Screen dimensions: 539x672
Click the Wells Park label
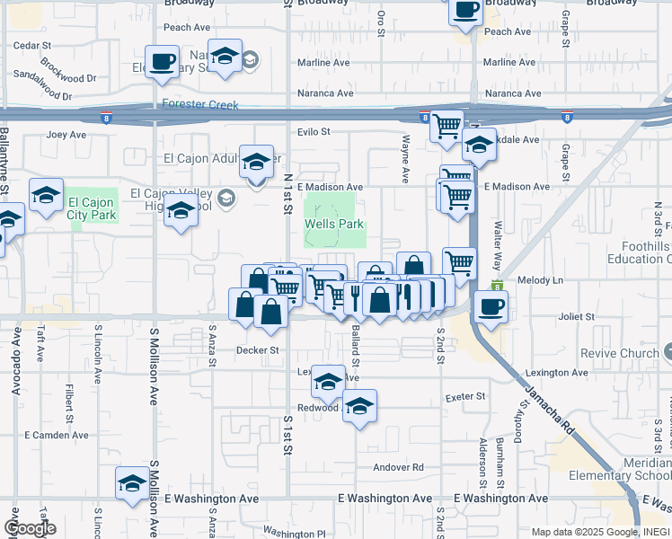(335, 224)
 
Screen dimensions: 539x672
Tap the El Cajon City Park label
(93, 208)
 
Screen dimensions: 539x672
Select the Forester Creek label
(200, 105)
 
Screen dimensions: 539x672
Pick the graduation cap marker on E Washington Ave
(132, 483)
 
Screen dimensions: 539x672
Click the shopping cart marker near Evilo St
(447, 126)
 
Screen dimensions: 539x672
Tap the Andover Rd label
(398, 467)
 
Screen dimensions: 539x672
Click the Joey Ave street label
(66, 136)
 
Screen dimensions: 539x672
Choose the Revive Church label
(620, 353)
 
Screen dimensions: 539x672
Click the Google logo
(30, 527)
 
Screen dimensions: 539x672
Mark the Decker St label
(258, 350)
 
